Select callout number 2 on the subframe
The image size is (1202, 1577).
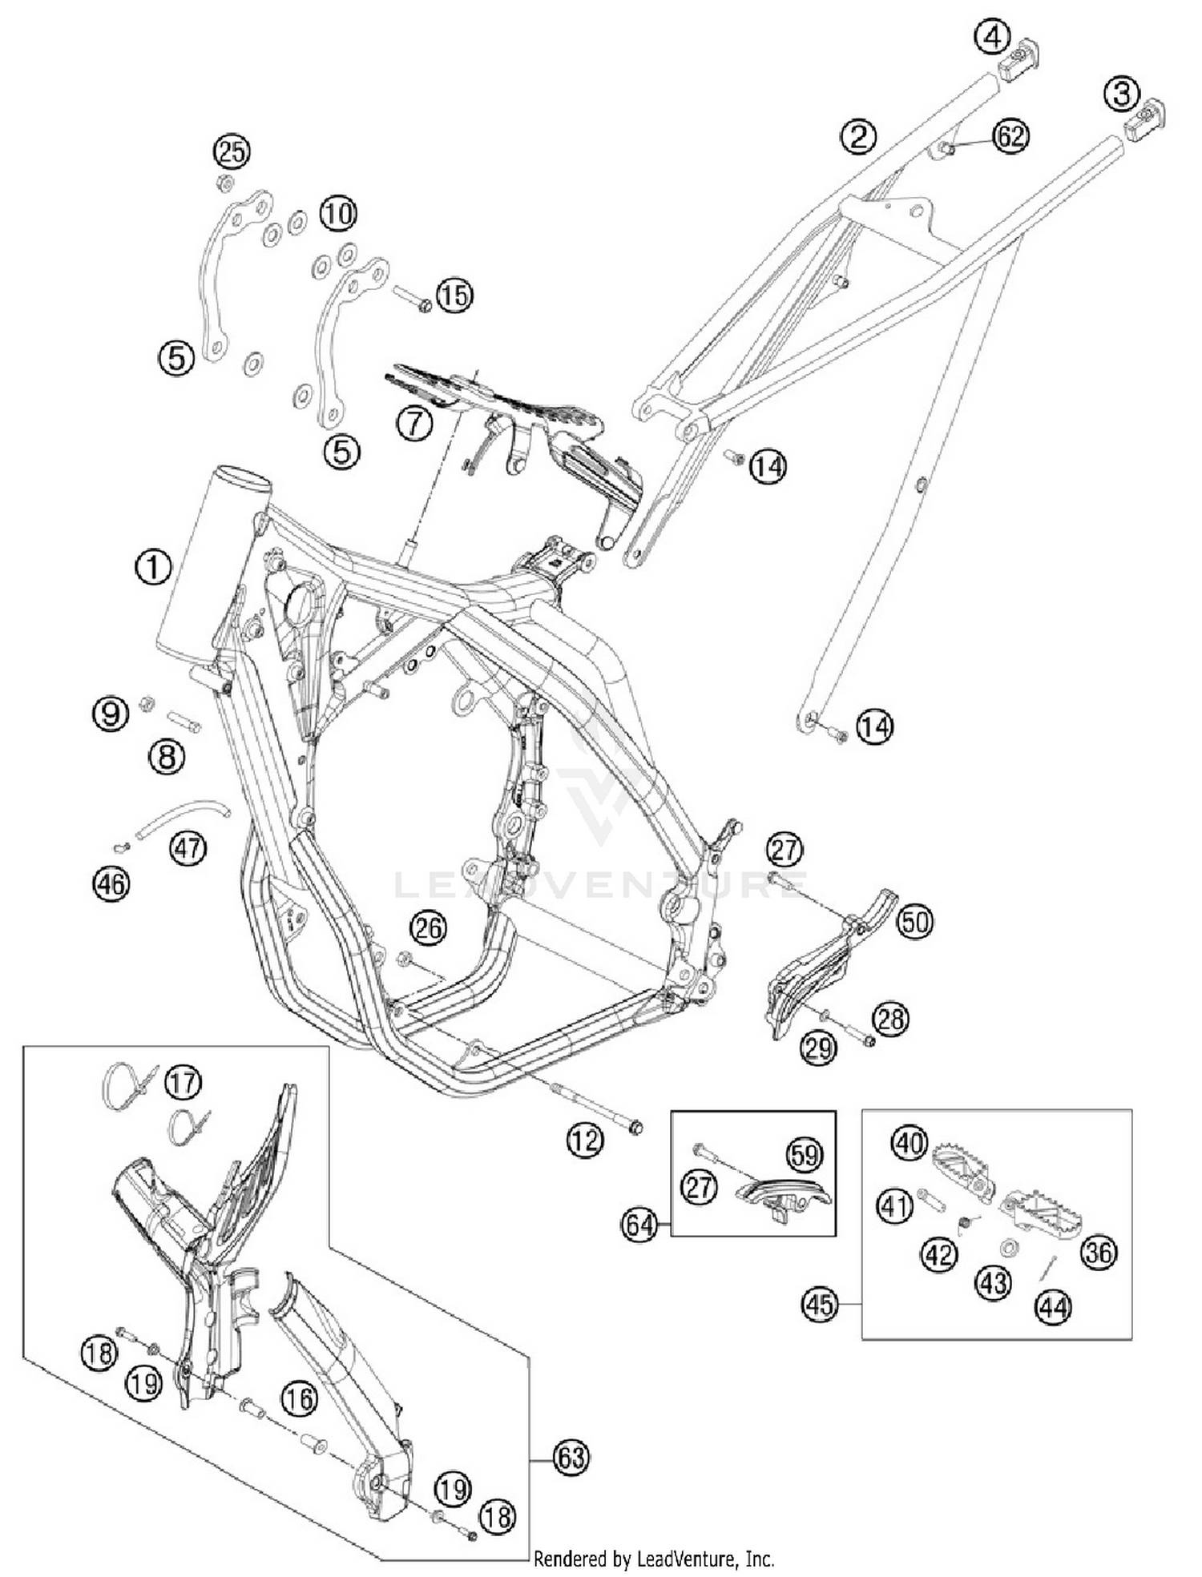858,136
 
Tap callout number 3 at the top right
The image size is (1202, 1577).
1121,95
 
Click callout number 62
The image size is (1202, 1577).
1011,136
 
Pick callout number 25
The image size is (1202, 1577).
232,151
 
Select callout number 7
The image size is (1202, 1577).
414,422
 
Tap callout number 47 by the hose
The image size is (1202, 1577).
188,847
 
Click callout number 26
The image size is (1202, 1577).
429,927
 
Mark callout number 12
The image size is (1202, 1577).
584,1139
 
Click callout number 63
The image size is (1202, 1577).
571,1457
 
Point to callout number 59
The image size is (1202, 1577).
805,1155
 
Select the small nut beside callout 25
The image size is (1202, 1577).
225,183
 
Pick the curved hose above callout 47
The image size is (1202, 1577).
184,819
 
